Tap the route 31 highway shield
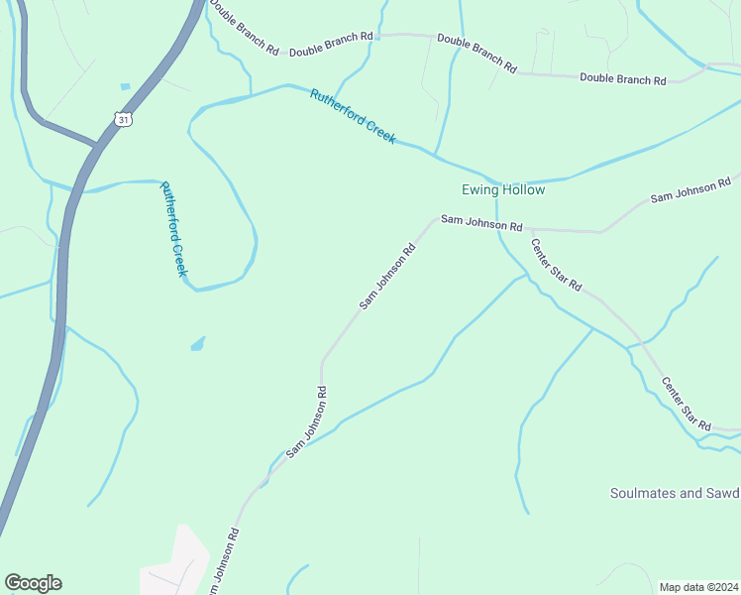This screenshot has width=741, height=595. [x=123, y=119]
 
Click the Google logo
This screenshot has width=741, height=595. [x=33, y=583]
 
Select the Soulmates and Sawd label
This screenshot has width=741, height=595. [x=675, y=493]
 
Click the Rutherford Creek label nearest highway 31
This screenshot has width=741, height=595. [x=173, y=228]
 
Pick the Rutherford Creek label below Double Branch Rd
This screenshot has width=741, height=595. [x=353, y=117]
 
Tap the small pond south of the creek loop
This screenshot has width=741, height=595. [x=198, y=344]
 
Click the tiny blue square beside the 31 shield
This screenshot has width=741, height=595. [x=125, y=86]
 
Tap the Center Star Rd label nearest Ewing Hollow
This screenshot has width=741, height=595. [x=555, y=265]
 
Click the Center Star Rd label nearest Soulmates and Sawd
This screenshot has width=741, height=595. [x=686, y=404]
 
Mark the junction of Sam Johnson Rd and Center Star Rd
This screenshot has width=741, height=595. [x=528, y=229]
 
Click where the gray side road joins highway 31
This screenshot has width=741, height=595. [x=97, y=145]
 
